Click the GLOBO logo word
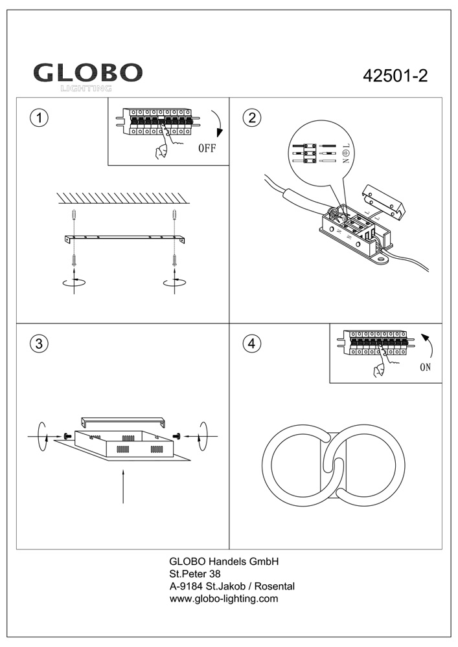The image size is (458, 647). point(88,72)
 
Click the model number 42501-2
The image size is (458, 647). point(395,76)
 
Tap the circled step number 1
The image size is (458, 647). point(40,118)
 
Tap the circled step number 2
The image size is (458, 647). point(251,118)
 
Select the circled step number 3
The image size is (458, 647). point(40,344)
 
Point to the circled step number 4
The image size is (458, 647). point(251,344)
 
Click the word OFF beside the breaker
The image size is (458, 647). point(207,148)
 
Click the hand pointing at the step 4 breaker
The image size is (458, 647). point(377,369)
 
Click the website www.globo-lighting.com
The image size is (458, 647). point(223,598)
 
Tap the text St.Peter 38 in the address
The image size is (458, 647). point(195,574)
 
